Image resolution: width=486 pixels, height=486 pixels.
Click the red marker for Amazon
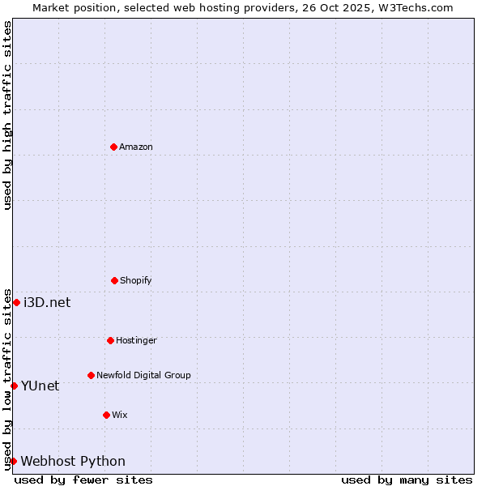pos(113,147)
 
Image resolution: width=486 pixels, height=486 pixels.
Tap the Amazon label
pos(136,147)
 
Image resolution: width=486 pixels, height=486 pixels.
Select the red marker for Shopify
pos(114,280)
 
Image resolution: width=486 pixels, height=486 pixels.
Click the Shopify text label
pos(136,281)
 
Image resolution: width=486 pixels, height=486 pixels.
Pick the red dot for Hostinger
pos(110,340)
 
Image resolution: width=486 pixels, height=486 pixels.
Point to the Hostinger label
pos(136,341)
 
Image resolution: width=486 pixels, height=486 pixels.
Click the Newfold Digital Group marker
pos(91,375)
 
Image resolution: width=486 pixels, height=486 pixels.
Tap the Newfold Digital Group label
pos(143,376)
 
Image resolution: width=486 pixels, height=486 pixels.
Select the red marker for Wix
pos(106,415)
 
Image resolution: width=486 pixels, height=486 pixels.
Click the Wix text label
pos(120,416)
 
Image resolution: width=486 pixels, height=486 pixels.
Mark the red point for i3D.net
pos(16,302)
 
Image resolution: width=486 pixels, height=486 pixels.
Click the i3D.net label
pos(47,303)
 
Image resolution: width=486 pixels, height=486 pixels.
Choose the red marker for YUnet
pos(14,386)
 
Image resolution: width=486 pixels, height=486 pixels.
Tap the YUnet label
pos(40,386)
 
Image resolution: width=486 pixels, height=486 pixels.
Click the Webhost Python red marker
pos(13,461)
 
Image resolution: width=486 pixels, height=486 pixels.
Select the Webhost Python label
pos(73,462)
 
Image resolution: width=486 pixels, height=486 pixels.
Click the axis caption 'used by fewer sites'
pos(83,480)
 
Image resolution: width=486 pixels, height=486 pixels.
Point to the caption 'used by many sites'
pos(407,480)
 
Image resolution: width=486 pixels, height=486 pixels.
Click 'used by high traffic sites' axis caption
pos(7,115)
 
